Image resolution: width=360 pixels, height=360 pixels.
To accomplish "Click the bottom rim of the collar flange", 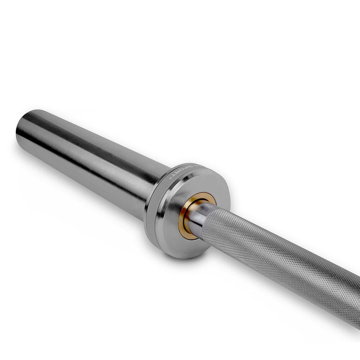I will tap(180, 254).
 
